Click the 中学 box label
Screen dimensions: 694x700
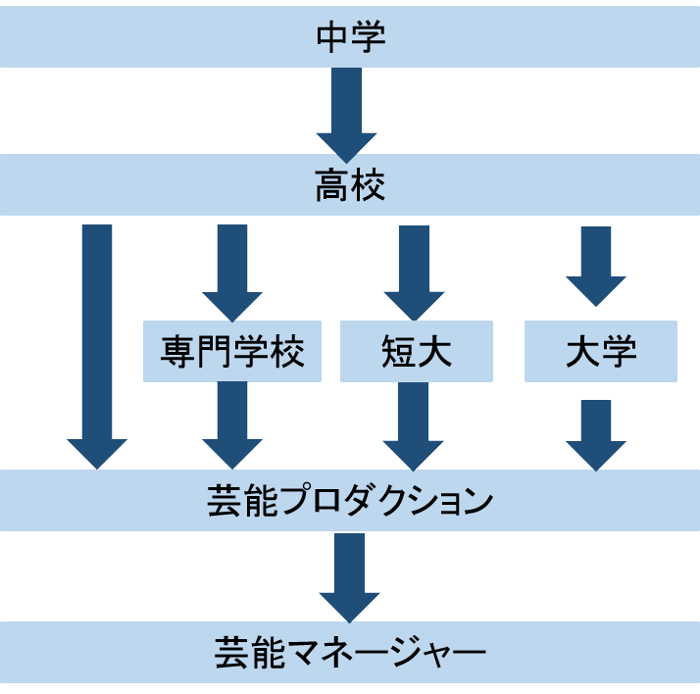[x=350, y=38]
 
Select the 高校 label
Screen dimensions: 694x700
[x=350, y=185]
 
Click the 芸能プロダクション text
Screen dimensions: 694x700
[x=350, y=501]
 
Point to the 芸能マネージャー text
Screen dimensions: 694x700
[x=350, y=651]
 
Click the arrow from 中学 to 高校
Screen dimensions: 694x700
[x=346, y=111]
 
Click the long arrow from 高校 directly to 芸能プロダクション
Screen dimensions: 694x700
[x=97, y=343]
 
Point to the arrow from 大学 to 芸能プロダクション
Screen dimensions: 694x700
[x=596, y=432]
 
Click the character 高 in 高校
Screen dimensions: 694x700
[x=332, y=185]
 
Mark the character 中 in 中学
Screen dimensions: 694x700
[x=332, y=38]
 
